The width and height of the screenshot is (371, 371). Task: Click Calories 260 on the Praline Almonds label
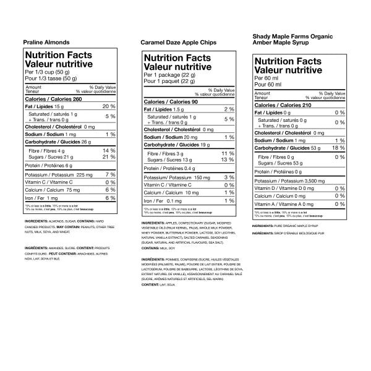click(x=53, y=100)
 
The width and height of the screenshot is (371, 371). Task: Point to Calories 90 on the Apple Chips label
click(x=171, y=102)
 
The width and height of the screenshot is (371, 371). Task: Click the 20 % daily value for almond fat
click(x=109, y=108)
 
